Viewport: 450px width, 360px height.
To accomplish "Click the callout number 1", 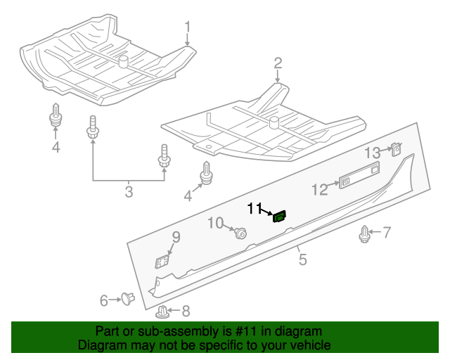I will tap(188, 27).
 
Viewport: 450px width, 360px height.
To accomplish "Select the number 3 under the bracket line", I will tap(129, 191).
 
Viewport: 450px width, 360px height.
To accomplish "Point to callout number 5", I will tap(302, 259).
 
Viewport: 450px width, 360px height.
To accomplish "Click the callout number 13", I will tap(372, 153).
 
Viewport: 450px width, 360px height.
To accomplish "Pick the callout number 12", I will tap(320, 189).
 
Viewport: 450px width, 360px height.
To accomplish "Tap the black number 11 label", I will tap(254, 208).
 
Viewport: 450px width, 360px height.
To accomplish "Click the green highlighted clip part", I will tap(279, 217).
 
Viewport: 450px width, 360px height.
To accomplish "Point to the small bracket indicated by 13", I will tap(396, 150).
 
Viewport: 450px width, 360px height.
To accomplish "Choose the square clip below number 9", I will tap(162, 262).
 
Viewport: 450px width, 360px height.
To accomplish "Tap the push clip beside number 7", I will tap(365, 234).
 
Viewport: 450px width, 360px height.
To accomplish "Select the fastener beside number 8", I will tap(163, 311).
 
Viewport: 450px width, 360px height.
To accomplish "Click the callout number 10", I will tap(215, 224).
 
